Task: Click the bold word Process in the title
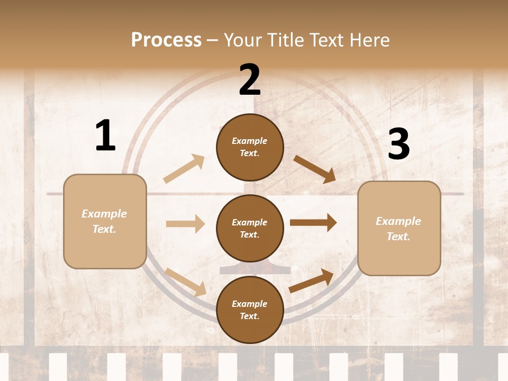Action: tap(166, 40)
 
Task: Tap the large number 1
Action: tap(105, 136)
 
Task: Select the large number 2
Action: tap(250, 80)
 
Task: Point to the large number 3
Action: tap(398, 144)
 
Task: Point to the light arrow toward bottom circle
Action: tap(186, 282)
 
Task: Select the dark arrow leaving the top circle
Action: tap(315, 169)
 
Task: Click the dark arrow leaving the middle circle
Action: tap(313, 223)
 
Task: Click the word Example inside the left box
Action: tap(104, 214)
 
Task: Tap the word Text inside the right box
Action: tap(398, 237)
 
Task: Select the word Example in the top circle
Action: tap(250, 141)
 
